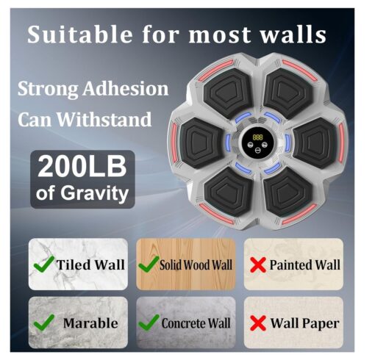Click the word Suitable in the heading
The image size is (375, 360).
pos(79,35)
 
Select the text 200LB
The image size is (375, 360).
pos(82,167)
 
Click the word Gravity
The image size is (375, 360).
pos(95,194)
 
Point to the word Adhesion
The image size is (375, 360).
pos(125,89)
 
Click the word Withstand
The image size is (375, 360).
pos(104,120)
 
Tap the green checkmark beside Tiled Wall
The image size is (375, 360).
pos(44,264)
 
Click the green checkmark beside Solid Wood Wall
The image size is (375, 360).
pos(149,264)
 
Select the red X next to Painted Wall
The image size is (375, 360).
pos(258,264)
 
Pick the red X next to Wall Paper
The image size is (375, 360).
pos(258,323)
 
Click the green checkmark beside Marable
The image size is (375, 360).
pos(44,323)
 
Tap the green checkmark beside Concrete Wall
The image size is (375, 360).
pos(149,323)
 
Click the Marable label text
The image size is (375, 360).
pos(90,323)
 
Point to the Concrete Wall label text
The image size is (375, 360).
pos(196,323)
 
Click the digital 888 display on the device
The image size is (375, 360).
pos(257,137)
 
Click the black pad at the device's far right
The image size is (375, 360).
pos(315,143)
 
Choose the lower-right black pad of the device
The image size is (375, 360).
pos(288,192)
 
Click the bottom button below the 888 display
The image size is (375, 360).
pos(257,151)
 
